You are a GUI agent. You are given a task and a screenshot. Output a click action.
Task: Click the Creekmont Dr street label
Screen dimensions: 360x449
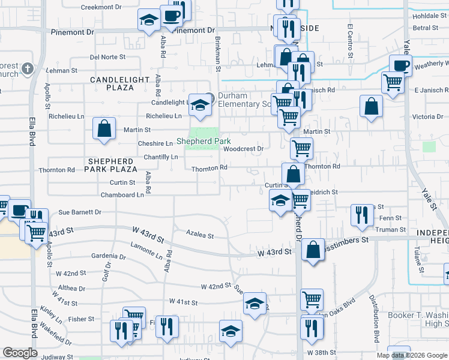pos(101,8)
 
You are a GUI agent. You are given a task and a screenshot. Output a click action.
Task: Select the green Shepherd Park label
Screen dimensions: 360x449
pos(204,142)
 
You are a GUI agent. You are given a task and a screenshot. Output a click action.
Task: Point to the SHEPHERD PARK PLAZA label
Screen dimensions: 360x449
pos(110,166)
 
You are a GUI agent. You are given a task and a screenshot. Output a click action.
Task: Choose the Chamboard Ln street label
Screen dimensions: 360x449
pos(122,194)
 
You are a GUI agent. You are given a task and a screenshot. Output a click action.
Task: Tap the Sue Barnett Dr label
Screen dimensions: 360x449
pos(80,212)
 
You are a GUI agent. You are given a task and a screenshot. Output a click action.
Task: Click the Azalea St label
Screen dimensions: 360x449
pos(200,236)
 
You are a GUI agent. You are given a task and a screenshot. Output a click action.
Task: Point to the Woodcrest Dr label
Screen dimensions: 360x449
pos(244,149)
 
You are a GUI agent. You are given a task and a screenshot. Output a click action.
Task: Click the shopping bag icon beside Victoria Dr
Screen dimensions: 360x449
pos(372,106)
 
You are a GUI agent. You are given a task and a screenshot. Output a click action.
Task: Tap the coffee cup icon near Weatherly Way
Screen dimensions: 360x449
pos(400,65)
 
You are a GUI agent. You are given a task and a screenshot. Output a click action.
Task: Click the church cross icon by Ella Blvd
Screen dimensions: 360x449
pos(26,69)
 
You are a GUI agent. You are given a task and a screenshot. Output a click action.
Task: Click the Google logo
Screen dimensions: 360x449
pos(20,353)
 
